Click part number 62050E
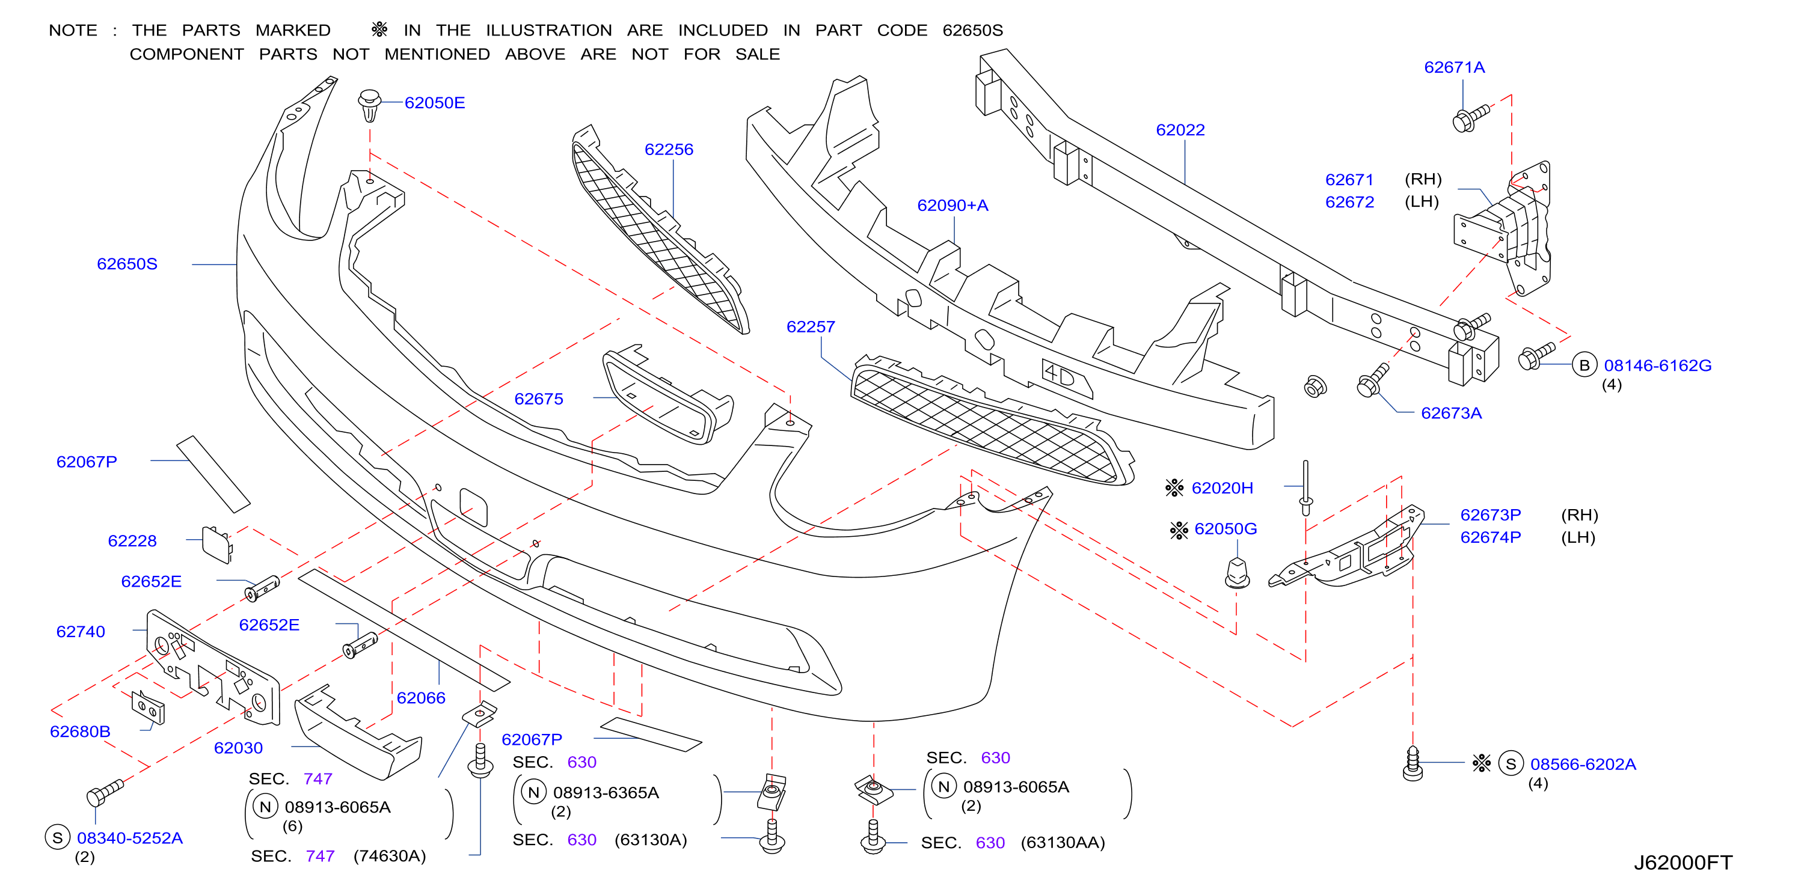click(434, 103)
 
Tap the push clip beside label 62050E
click(370, 105)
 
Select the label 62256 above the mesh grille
click(668, 150)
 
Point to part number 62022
click(1180, 130)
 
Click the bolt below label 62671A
click(1470, 118)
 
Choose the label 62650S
click(127, 264)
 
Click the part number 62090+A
click(952, 205)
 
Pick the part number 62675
click(538, 399)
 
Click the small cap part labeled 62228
click(217, 545)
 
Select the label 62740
click(80, 631)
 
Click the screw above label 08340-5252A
click(105, 792)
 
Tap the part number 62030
click(238, 748)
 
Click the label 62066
click(421, 697)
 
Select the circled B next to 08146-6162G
click(1584, 365)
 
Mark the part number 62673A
click(1451, 413)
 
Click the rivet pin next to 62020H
click(1305, 488)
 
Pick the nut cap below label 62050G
click(1238, 572)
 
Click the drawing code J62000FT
click(1683, 863)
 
